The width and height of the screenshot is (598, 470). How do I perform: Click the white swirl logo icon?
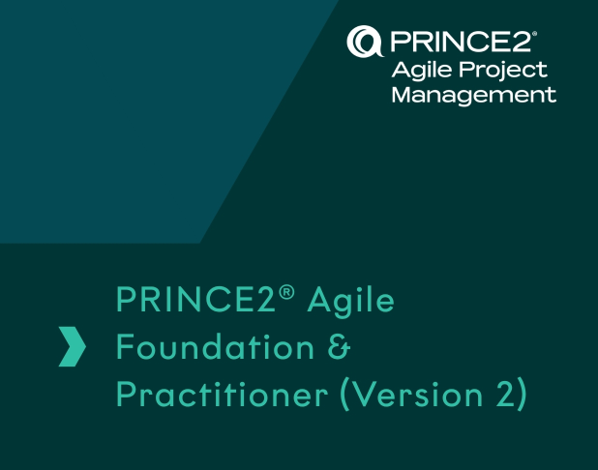[x=365, y=42]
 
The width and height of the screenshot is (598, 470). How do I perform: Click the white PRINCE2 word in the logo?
[x=461, y=42]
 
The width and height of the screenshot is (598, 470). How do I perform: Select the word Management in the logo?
[x=474, y=96]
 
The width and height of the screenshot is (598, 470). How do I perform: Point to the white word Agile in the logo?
[x=423, y=71]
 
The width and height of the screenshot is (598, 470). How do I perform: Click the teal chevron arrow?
[x=72, y=346]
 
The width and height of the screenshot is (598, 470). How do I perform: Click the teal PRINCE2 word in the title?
[x=195, y=299]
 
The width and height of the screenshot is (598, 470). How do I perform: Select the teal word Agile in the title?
[x=351, y=302]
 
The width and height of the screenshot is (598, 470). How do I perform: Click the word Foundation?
[x=215, y=346]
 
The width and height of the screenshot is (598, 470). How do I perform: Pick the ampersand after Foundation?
[x=339, y=347]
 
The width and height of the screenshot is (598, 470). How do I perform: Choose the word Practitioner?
[x=222, y=394]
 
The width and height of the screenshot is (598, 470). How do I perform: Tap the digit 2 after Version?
[x=506, y=394]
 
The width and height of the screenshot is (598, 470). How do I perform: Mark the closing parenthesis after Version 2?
[x=523, y=395]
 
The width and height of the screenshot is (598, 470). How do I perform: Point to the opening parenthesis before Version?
[x=344, y=395]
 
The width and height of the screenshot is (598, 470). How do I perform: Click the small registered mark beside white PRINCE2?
[x=534, y=34]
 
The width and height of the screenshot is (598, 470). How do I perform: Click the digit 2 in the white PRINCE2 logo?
[x=522, y=42]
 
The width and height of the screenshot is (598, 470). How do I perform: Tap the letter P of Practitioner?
[x=125, y=394]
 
